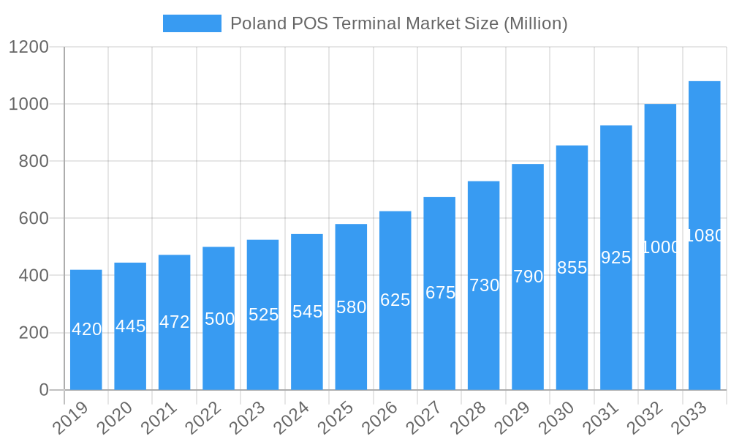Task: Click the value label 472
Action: pos(175,322)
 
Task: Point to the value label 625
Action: pos(395,300)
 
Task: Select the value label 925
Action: pos(616,258)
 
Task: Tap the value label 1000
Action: pos(660,247)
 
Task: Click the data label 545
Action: pos(307,312)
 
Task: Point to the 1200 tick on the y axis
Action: pos(29,48)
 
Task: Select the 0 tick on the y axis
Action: pos(44,390)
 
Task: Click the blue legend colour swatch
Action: pos(192,23)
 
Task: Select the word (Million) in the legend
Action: pos(535,23)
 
